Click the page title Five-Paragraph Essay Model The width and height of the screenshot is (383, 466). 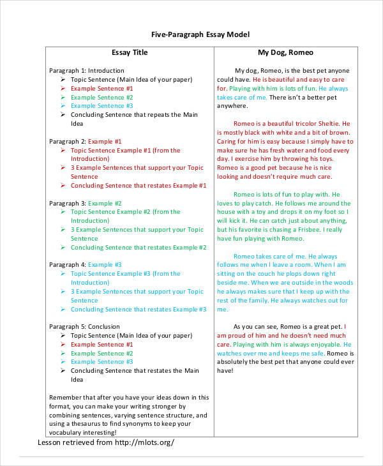coord(200,34)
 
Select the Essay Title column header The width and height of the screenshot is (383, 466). coord(129,52)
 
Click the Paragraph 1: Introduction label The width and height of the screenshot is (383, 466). coord(87,70)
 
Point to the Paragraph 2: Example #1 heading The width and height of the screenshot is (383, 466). coord(85,141)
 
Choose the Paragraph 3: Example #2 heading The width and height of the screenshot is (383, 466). coord(85,203)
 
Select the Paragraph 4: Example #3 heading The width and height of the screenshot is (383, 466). coord(85,264)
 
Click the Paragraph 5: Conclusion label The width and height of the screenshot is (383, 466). coord(84,326)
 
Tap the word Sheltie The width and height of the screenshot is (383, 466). coord(326,123)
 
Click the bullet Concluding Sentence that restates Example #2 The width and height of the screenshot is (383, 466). coord(139,247)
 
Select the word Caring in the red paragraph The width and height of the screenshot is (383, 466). coord(227,141)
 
